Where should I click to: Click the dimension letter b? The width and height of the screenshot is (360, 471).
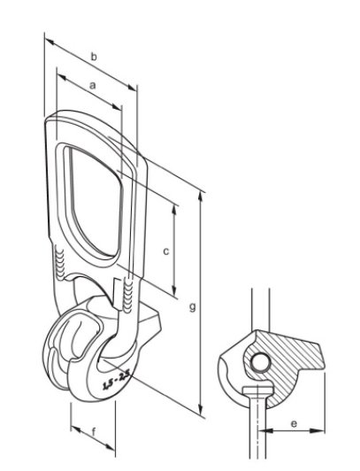tap(94, 57)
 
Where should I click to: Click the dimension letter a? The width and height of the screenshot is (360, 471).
tap(93, 86)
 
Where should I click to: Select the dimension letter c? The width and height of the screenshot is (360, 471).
tap(166, 251)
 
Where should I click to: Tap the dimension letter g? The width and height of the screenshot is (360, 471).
tap(193, 307)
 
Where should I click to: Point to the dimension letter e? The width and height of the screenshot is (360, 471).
tap(294, 423)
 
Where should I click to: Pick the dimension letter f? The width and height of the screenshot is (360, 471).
tap(94, 433)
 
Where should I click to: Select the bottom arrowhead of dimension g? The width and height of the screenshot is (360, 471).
tap(201, 409)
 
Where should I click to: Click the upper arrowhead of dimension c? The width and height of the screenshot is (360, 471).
tap(174, 211)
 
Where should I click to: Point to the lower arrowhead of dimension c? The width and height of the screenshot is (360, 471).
tap(174, 290)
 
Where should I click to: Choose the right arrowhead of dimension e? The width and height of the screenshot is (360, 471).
tap(318, 431)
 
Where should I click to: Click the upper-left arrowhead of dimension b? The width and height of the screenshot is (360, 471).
tap(50, 42)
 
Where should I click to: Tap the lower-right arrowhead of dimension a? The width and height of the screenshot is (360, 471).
tap(117, 107)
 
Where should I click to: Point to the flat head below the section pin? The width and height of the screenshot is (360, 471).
tap(258, 390)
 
